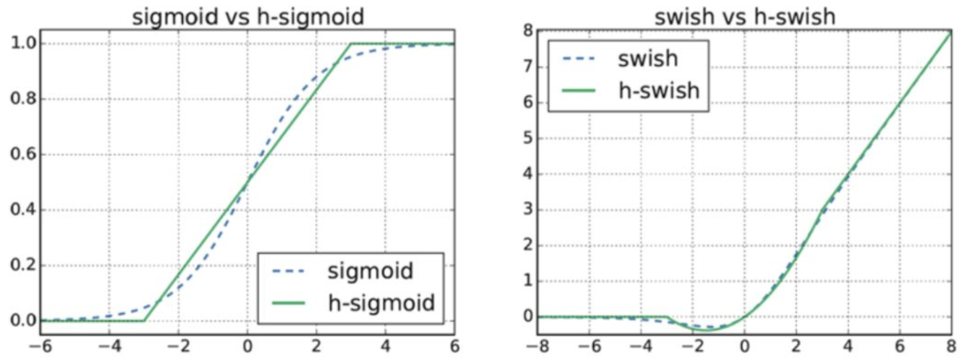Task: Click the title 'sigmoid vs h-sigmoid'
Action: pyautogui.click(x=248, y=16)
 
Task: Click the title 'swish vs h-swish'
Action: pyautogui.click(x=745, y=16)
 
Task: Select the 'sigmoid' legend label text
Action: pyautogui.click(x=370, y=271)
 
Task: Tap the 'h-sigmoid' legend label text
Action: pyautogui.click(x=381, y=303)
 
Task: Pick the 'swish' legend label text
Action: pyautogui.click(x=648, y=59)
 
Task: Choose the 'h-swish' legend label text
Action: pyautogui.click(x=659, y=91)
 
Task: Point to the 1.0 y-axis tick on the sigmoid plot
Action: pyautogui.click(x=24, y=43)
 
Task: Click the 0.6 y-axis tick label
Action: pyautogui.click(x=24, y=154)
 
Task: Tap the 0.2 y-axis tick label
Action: pyautogui.click(x=24, y=265)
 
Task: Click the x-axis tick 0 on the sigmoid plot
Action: pyautogui.click(x=248, y=347)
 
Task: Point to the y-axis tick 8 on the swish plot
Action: pyautogui.click(x=529, y=31)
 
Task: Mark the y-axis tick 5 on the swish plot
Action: pyautogui.click(x=529, y=138)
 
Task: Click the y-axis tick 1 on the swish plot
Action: pyautogui.click(x=529, y=281)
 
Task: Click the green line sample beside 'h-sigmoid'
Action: pyautogui.click(x=288, y=304)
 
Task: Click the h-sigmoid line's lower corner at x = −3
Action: pyautogui.click(x=144, y=321)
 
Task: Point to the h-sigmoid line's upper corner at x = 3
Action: pyautogui.click(x=351, y=44)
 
